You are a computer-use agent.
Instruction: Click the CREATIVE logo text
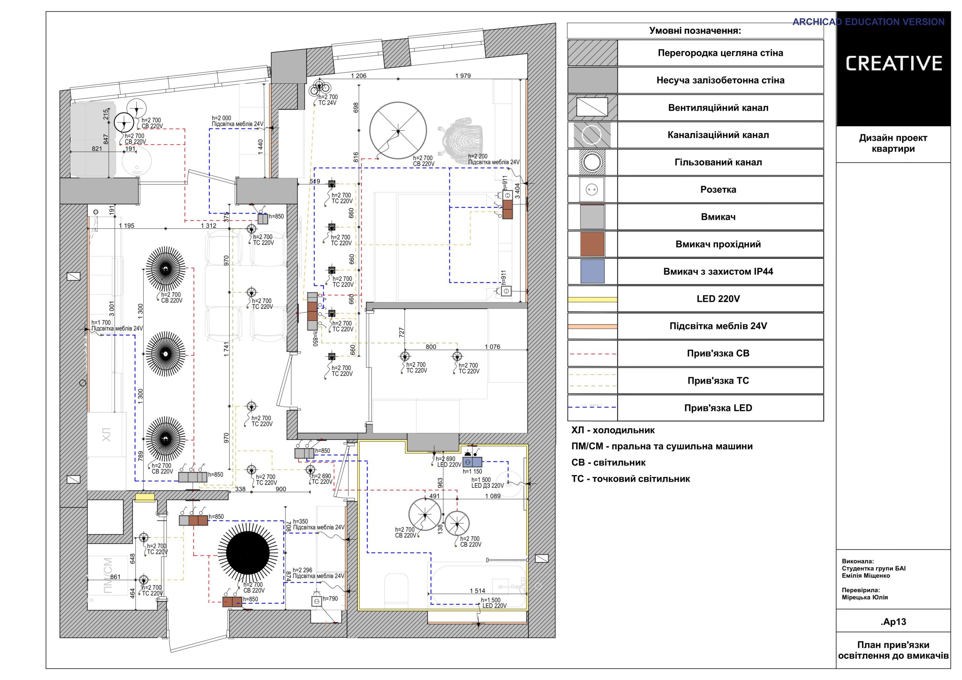tap(894, 63)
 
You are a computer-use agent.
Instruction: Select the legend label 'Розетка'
tap(718, 189)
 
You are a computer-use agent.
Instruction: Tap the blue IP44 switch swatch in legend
tap(592, 271)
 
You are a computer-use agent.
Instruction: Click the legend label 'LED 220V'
tap(718, 299)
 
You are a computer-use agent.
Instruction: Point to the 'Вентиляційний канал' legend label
tap(718, 108)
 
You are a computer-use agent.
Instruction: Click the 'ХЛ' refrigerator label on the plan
tap(106, 434)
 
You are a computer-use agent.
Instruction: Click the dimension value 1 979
tap(463, 76)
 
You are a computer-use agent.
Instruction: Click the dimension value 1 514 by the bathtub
tap(477, 591)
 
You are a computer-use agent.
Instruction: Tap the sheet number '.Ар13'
tap(893, 622)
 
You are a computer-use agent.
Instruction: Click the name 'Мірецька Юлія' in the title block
tap(865, 597)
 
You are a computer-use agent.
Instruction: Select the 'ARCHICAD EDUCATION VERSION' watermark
tap(868, 22)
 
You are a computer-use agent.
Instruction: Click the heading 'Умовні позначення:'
tap(695, 30)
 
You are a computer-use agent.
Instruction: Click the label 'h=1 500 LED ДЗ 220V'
tap(487, 483)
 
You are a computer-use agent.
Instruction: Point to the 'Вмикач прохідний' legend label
tap(718, 244)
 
